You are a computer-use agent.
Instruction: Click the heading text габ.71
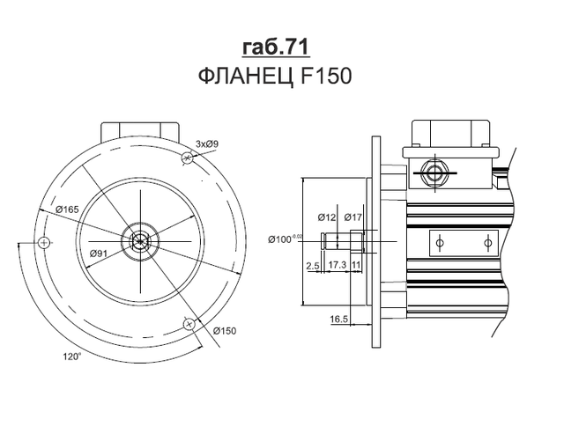(276, 47)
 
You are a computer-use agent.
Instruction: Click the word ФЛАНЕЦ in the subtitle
(245, 77)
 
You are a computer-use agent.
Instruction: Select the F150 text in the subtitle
(325, 77)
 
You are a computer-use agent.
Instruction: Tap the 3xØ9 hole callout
(207, 144)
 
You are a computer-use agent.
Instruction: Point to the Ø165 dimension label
(67, 209)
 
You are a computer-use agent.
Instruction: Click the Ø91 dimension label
(99, 254)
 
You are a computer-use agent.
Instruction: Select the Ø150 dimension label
(225, 331)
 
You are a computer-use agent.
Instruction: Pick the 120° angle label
(72, 356)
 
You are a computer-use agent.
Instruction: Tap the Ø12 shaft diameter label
(327, 217)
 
